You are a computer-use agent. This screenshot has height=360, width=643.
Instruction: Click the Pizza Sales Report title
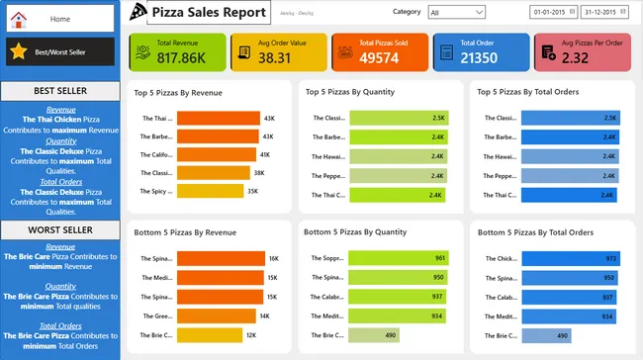(208, 12)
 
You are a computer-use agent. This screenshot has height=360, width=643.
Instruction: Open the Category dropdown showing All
(456, 13)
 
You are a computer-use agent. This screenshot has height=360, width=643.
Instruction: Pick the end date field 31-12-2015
(603, 13)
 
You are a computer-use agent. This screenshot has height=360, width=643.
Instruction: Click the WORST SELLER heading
(59, 229)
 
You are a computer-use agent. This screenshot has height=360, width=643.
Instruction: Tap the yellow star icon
(19, 50)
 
